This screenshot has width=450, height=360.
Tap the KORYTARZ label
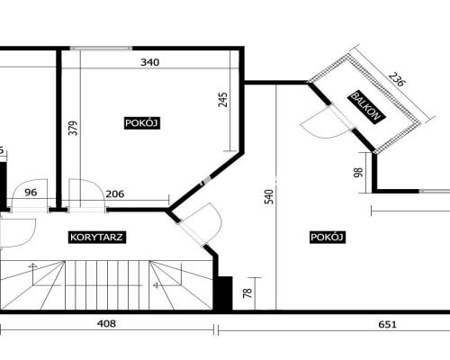(96, 238)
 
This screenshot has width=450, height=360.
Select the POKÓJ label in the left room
(141, 123)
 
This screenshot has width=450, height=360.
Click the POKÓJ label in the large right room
(327, 237)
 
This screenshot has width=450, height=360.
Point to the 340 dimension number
(150, 62)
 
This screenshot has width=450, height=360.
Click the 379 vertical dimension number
(73, 128)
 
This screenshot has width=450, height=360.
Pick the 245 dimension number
(223, 100)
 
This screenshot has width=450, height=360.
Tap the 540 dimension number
(269, 196)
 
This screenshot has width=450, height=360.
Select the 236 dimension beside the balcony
(397, 78)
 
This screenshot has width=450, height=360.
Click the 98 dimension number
(358, 172)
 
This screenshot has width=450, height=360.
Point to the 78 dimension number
(247, 292)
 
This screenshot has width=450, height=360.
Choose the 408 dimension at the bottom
(106, 324)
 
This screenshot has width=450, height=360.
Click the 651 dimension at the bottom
(387, 324)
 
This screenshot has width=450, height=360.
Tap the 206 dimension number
(115, 193)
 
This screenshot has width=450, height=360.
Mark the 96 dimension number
(31, 193)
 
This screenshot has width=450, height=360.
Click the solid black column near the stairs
(223, 293)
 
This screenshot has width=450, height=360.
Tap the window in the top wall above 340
(101, 49)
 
